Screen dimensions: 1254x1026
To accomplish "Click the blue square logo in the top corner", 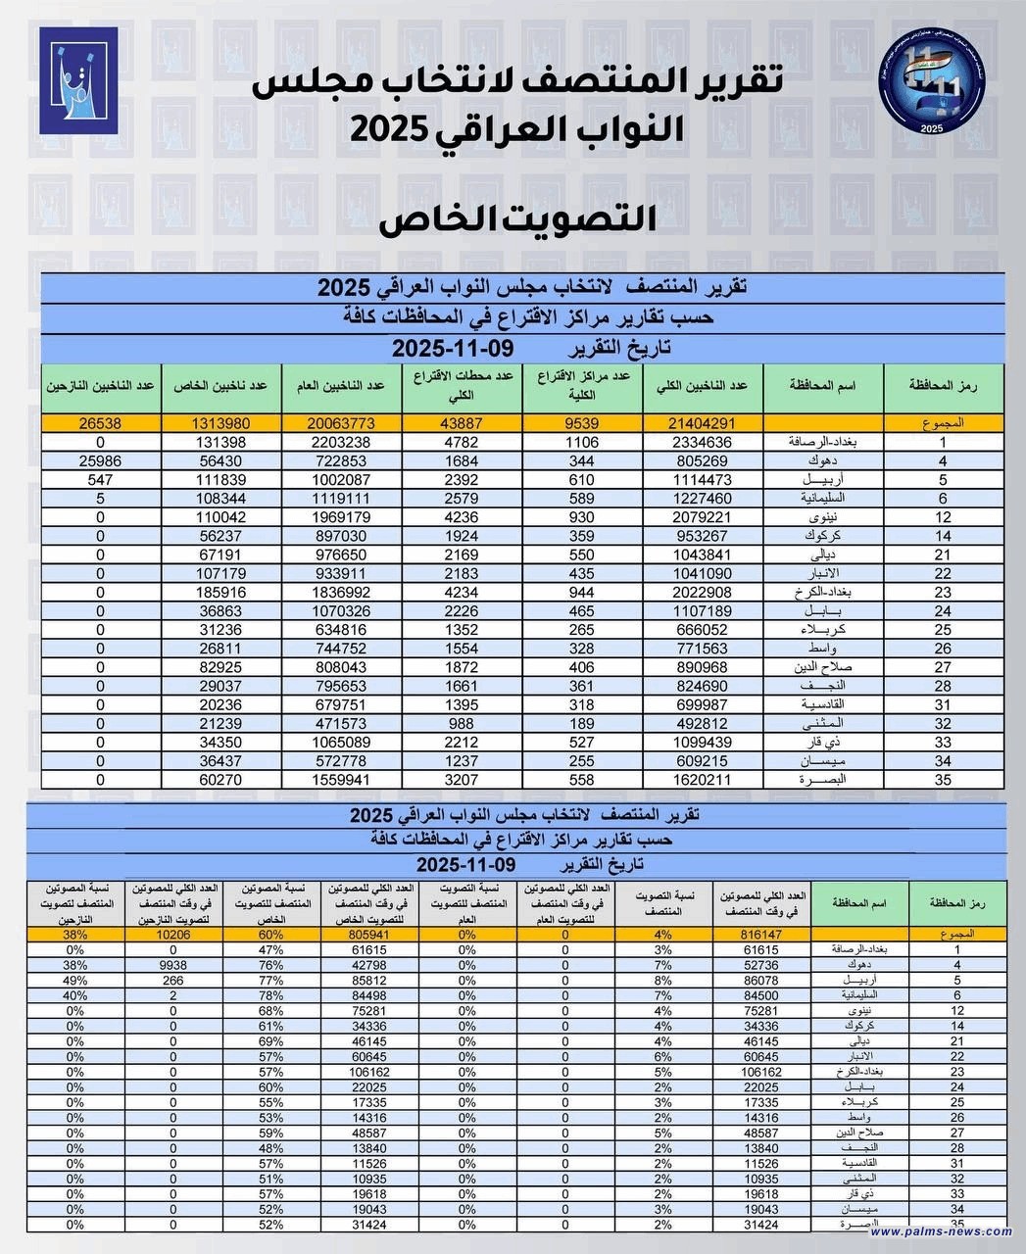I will pos(78,80).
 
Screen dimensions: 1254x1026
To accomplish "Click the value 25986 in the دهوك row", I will pos(101,460).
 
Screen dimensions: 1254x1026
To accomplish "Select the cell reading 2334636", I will pos(702,442).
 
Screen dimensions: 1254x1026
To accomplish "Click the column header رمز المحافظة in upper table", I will pos(944,386).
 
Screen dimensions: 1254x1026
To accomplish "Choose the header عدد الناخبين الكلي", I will pos(702,386).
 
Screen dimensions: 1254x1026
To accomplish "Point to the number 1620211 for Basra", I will pos(702,780).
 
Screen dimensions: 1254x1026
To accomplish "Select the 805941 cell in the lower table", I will pos(368,935).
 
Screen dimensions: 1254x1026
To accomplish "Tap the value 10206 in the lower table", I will pos(172,935).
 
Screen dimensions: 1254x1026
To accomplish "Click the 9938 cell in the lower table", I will pos(172,965).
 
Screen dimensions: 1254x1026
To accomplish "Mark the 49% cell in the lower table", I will pos(74,980).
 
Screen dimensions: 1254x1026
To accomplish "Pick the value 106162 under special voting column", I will pos(368,1071).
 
